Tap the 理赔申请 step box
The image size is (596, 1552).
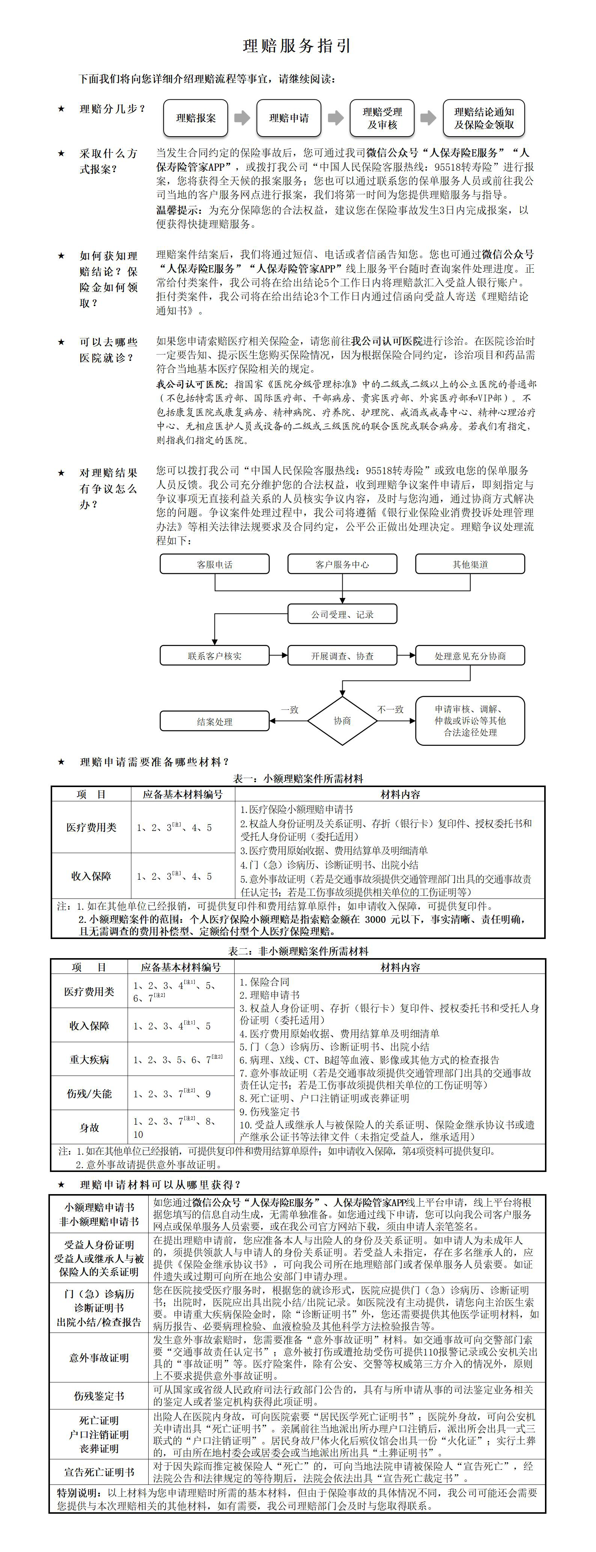[289, 118]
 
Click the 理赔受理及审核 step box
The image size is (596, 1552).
[382, 118]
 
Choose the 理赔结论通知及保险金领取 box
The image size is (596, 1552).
[484, 118]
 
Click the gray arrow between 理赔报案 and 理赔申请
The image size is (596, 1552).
[242, 118]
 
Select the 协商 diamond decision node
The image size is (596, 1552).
[342, 721]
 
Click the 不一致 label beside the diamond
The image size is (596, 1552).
[390, 710]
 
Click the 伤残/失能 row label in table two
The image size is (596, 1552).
[89, 1094]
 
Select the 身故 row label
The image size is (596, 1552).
[89, 1128]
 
